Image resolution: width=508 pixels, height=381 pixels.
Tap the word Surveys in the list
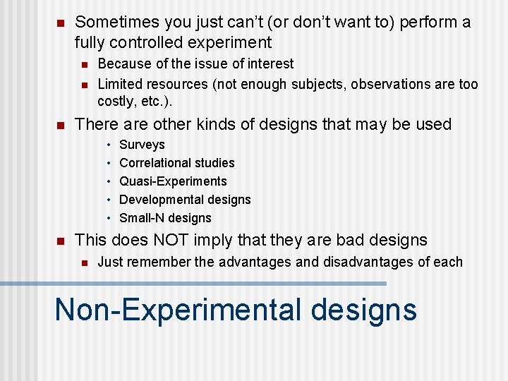pos(142,145)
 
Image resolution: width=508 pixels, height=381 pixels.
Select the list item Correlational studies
pos(176,163)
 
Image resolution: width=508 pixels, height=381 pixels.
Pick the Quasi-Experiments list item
pos(173,181)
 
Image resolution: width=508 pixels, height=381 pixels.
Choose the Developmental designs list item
pos(185,200)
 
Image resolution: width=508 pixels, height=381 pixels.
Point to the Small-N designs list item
pos(165,218)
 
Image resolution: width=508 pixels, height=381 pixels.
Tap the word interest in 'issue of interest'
pos(272,64)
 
